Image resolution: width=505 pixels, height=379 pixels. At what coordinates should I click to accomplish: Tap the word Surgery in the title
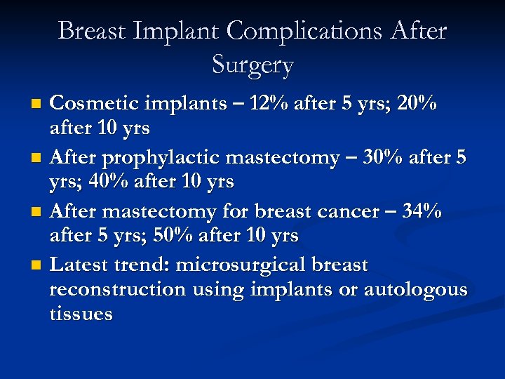(252, 65)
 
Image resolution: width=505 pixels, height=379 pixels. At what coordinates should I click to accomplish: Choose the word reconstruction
(114, 289)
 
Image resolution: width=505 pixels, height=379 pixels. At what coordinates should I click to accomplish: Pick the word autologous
(415, 289)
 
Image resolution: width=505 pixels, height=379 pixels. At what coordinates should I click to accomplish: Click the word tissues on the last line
(81, 313)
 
